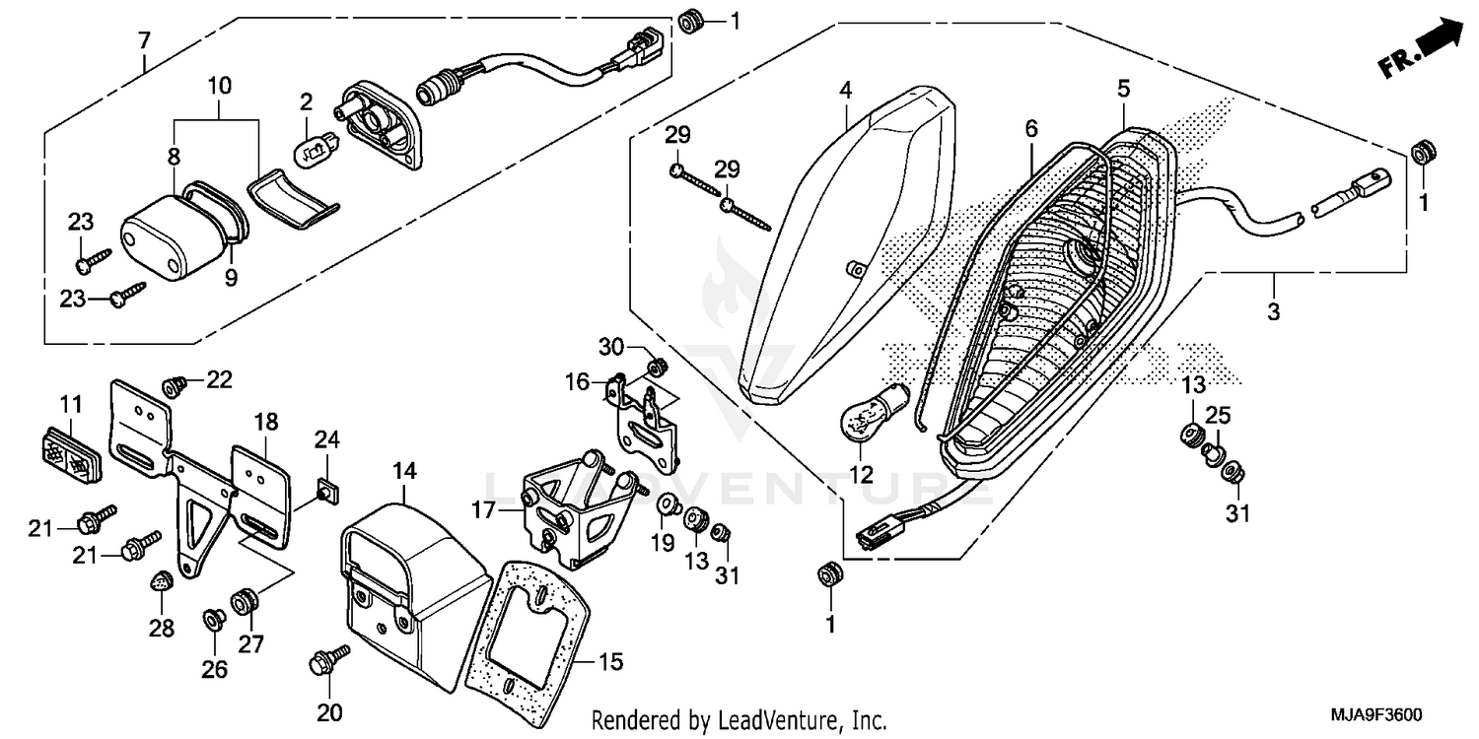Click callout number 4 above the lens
click(845, 90)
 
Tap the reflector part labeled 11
click(70, 452)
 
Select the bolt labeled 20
click(328, 661)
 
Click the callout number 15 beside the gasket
click(611, 662)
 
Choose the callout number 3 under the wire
click(1273, 313)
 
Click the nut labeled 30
click(652, 368)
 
